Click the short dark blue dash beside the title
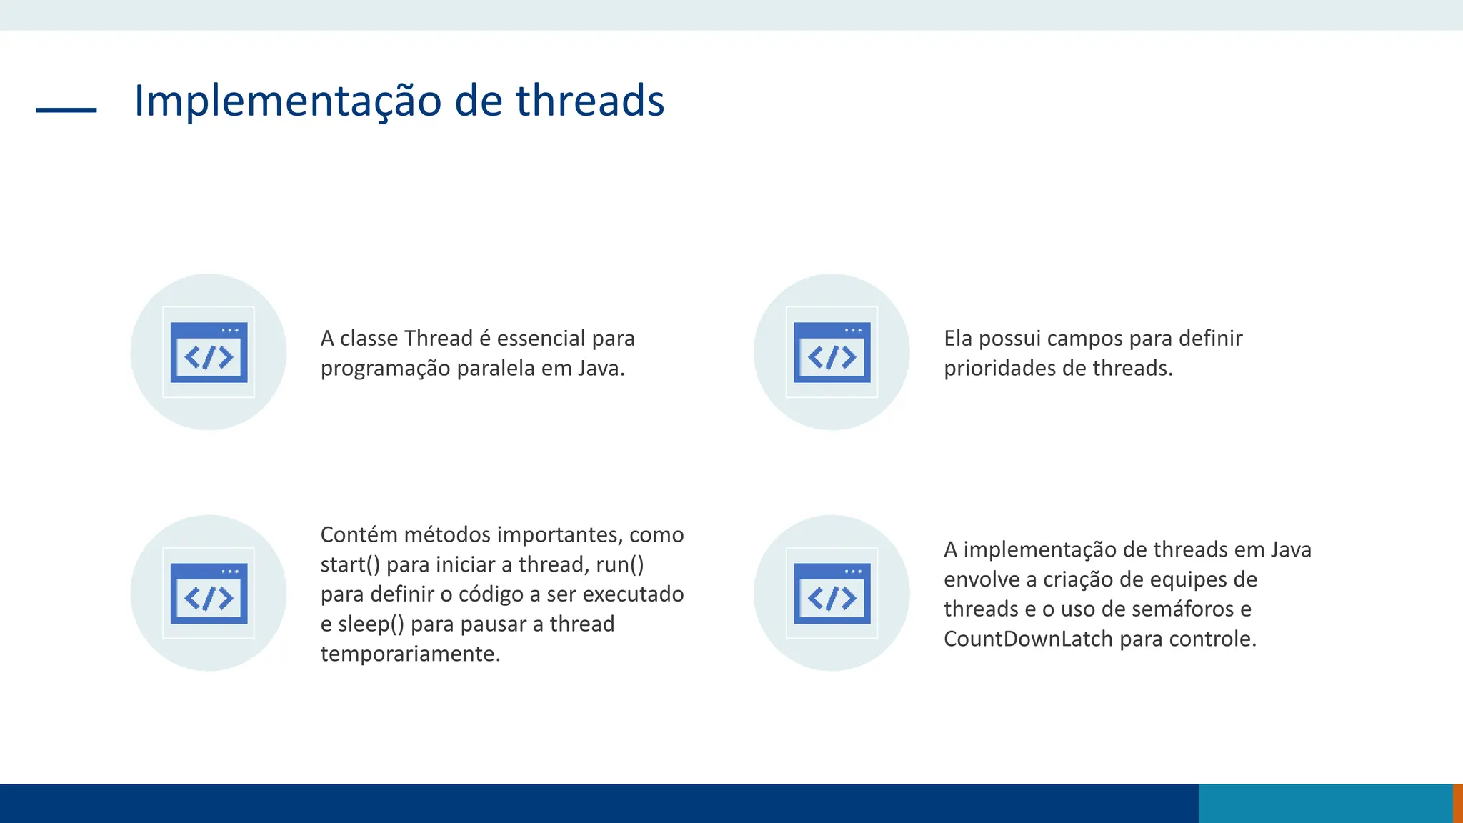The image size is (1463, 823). (x=66, y=110)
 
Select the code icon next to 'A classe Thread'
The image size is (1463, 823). (x=209, y=352)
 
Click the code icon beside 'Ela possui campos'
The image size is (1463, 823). (x=832, y=352)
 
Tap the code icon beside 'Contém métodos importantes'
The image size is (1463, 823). (x=209, y=593)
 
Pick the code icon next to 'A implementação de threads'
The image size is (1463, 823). (x=832, y=593)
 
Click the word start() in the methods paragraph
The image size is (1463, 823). (x=350, y=565)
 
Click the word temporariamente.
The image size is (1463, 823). (x=410, y=654)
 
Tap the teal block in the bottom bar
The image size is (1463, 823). (x=1325, y=803)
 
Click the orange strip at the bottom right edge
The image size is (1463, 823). (x=1458, y=803)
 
